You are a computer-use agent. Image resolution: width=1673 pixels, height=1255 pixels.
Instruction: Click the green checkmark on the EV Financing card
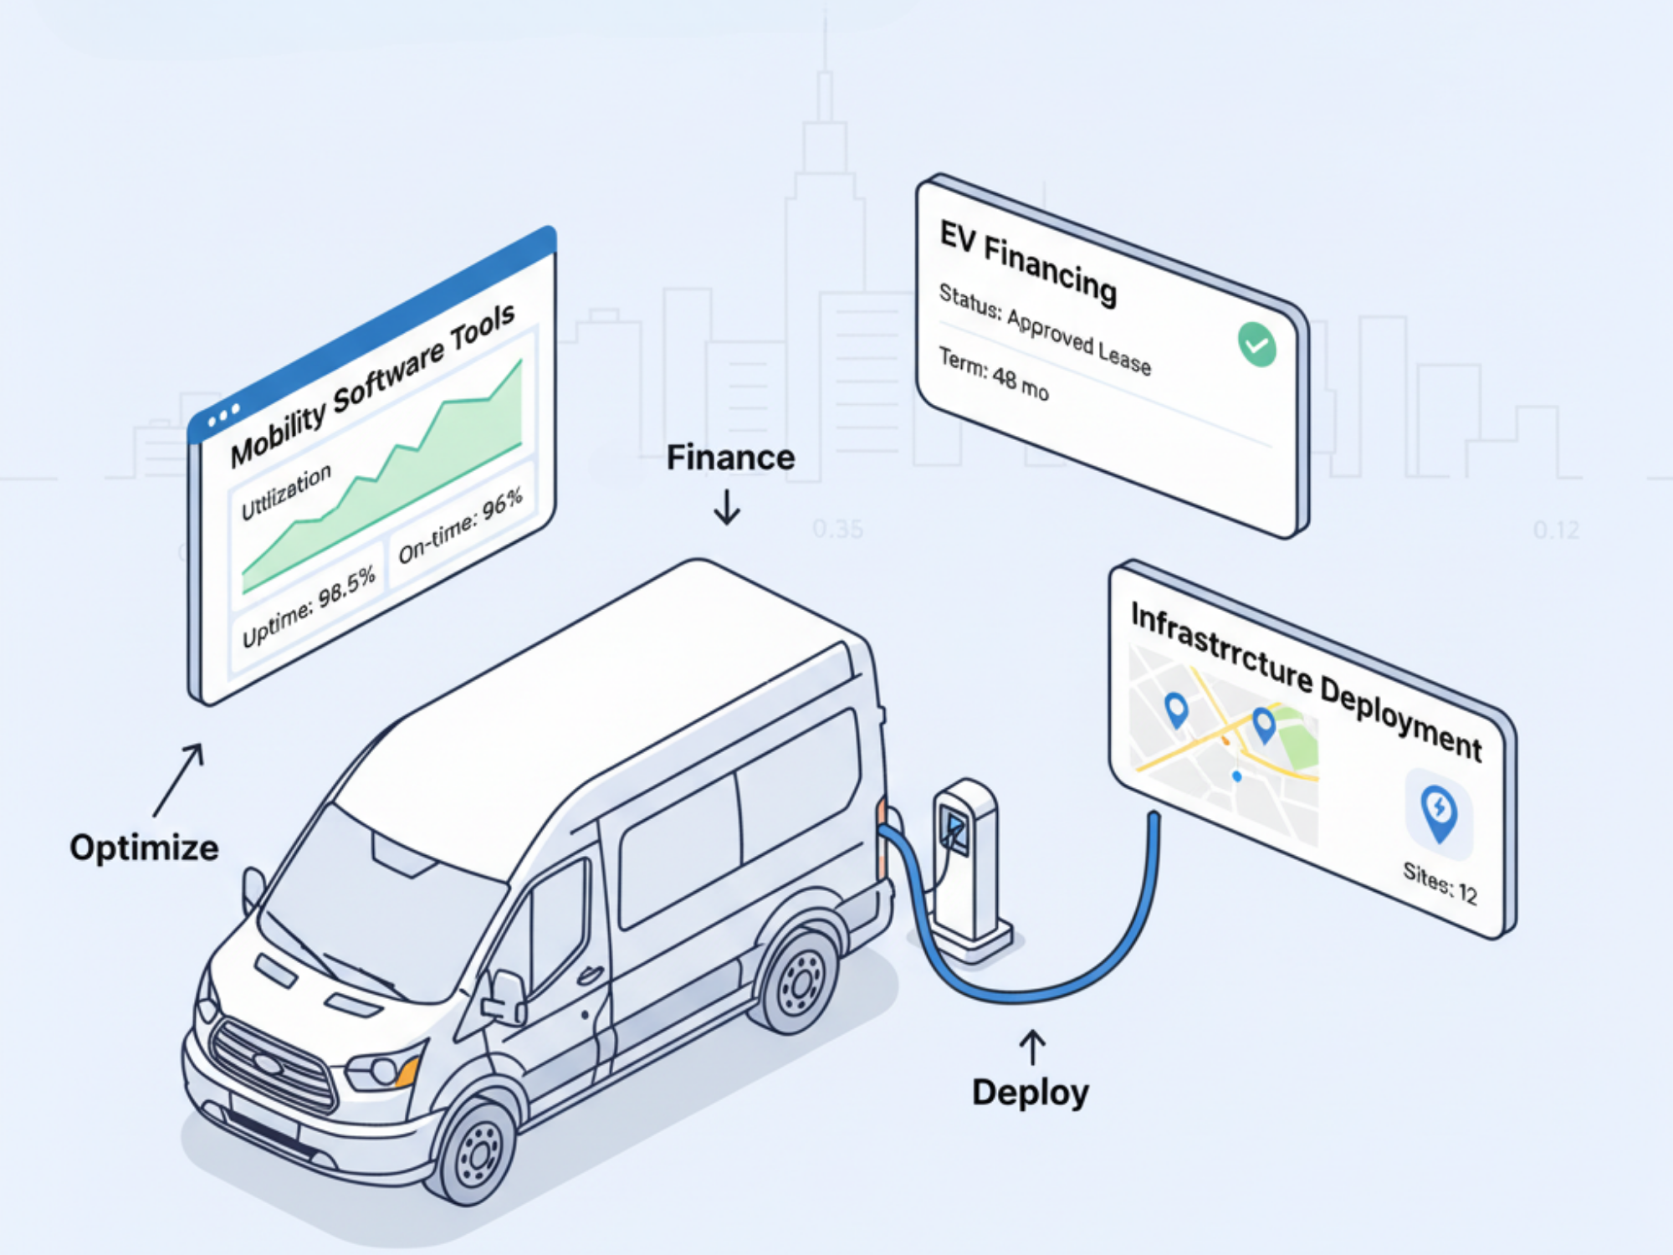click(x=1256, y=344)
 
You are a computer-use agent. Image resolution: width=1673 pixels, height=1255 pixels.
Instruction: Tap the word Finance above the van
click(x=730, y=458)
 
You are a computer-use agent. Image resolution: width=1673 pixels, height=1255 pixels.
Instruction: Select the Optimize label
click(x=144, y=848)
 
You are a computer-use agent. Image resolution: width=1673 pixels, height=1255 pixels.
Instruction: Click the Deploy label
click(x=1030, y=1092)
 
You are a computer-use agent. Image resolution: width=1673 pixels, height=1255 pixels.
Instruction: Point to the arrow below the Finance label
click(x=727, y=507)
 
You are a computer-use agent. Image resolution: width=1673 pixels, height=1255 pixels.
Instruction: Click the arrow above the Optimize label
click(x=179, y=779)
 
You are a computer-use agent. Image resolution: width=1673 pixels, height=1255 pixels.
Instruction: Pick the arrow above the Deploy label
click(x=1032, y=1047)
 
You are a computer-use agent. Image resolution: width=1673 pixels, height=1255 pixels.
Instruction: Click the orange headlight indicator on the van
click(x=409, y=1070)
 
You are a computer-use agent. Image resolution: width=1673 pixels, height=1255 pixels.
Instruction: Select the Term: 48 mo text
click(x=993, y=374)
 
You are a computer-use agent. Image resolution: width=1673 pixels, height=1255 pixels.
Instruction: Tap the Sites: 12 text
click(x=1440, y=884)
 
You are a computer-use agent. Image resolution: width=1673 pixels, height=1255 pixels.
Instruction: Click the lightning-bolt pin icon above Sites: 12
click(x=1439, y=810)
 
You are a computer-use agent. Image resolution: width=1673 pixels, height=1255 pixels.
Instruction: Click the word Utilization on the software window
click(x=286, y=492)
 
